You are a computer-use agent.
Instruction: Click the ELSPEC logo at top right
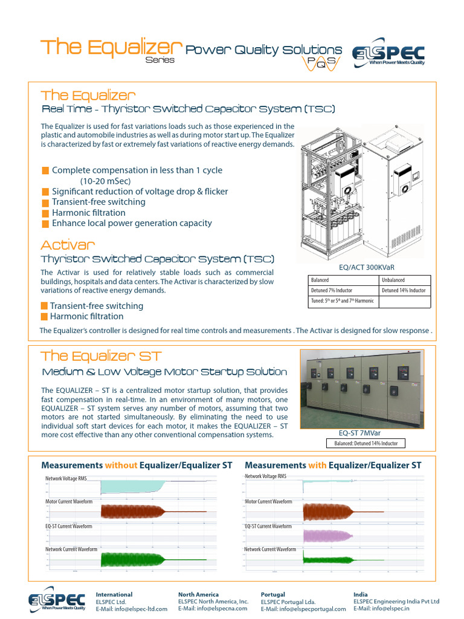389,54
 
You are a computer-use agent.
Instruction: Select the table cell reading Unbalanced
405,280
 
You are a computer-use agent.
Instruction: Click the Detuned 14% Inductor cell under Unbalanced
405,291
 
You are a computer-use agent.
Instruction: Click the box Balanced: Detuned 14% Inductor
366,443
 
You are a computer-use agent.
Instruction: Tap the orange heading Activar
68,245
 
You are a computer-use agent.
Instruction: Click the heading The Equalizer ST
100,356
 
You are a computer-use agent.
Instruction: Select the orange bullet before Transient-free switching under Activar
44,306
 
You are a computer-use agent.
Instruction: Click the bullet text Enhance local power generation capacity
132,223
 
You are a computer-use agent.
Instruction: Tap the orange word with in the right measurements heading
317,465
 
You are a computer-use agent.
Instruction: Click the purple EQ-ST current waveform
326,536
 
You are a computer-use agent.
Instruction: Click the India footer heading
360,594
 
